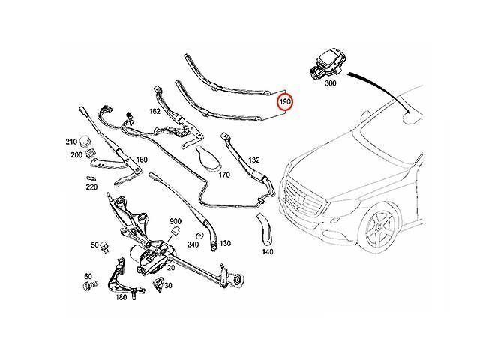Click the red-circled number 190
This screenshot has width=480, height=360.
[285, 101]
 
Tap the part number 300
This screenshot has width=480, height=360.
[330, 83]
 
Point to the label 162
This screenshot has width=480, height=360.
[154, 111]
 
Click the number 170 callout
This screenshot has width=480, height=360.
[224, 175]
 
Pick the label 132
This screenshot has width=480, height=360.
[254, 160]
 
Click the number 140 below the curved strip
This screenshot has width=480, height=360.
[268, 252]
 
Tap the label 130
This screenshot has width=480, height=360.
[225, 243]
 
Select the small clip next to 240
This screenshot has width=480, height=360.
[199, 235]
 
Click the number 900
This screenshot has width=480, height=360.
[175, 221]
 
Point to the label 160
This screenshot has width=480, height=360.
[142, 160]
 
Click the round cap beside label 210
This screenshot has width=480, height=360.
[85, 142]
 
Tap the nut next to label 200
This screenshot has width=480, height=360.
[90, 153]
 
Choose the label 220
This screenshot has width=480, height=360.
[91, 187]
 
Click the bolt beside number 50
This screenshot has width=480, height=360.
[105, 247]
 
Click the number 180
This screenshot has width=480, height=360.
[121, 297]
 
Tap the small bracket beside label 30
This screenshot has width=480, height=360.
[158, 285]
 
